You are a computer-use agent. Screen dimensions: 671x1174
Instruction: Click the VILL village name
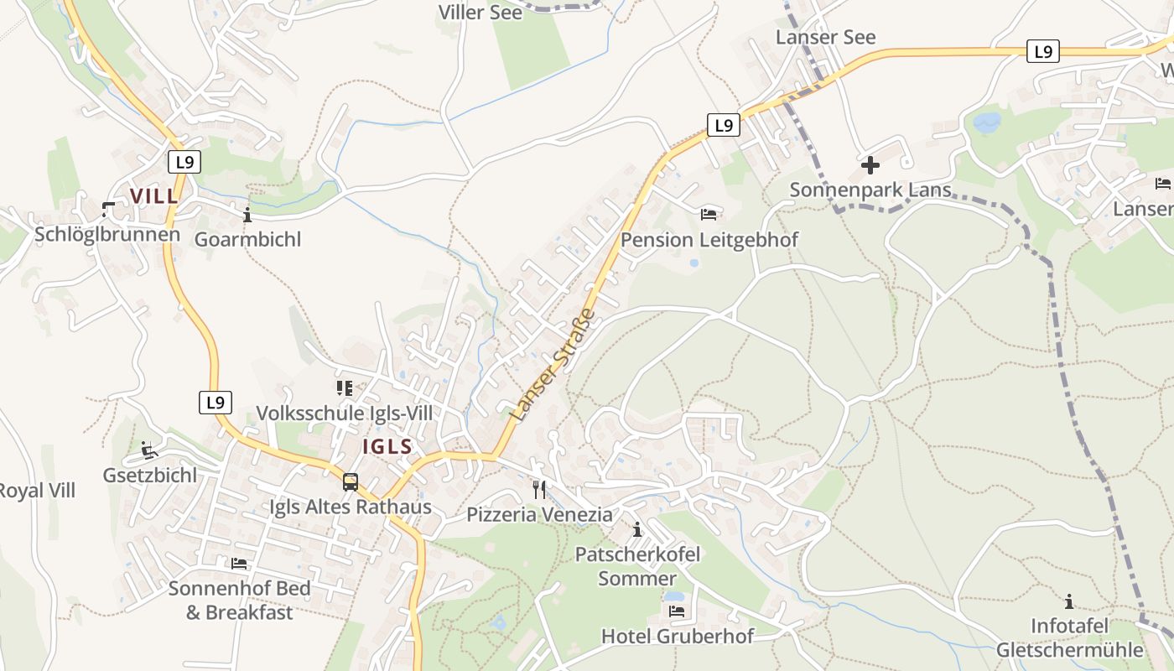[x=154, y=196]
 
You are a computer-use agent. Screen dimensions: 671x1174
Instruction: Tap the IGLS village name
[x=387, y=446]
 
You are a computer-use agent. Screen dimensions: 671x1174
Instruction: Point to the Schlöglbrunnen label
[x=107, y=234]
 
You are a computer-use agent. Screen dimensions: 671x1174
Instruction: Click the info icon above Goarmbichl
[x=247, y=216]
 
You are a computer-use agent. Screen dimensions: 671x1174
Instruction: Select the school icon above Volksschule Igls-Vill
[x=344, y=388]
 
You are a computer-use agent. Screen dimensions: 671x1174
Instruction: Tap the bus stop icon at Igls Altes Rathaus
[x=351, y=482]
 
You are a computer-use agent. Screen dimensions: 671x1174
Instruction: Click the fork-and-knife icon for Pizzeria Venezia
[x=539, y=489]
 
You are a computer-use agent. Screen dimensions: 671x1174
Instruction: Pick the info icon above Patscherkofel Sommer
[x=637, y=529]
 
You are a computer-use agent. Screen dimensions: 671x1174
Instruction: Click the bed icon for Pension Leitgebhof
[x=709, y=215]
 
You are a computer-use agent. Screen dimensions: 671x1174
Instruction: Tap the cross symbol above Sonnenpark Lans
[x=870, y=165]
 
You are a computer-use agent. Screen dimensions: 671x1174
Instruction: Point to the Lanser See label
[x=825, y=37]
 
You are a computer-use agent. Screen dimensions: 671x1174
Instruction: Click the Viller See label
[x=481, y=13]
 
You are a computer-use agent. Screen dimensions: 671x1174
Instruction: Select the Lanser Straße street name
[x=552, y=366]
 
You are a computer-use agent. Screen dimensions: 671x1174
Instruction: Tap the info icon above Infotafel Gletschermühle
[x=1069, y=601]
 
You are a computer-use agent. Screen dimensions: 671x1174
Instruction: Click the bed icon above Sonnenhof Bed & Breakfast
[x=239, y=563]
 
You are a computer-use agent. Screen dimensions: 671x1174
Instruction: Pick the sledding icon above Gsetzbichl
[x=149, y=450]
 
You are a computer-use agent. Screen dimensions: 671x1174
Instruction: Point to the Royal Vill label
[x=37, y=491]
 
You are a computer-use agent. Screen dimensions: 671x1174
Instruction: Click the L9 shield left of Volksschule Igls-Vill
[x=216, y=403]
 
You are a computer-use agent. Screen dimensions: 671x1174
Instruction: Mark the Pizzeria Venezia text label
[x=539, y=514]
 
